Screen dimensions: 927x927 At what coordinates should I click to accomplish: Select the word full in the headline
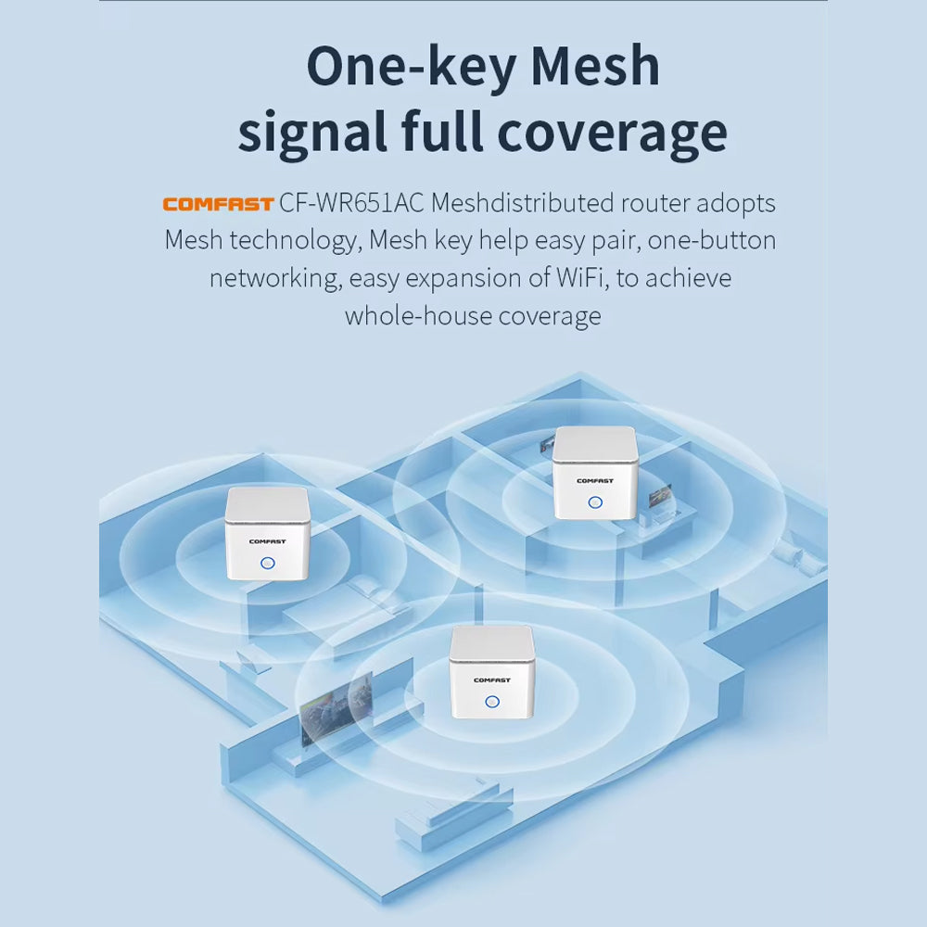pos(440,133)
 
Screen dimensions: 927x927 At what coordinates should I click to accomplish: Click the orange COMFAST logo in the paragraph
pos(218,204)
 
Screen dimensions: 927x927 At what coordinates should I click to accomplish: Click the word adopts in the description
pos(734,203)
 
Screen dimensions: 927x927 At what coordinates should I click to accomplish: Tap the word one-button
pos(712,241)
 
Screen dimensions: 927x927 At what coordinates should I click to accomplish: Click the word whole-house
pos(418,316)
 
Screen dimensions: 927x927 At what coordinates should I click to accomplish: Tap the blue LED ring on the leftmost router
pos(268,563)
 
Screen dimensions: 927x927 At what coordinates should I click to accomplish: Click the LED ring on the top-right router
pos(595,502)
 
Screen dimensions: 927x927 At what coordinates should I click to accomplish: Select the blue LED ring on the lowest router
pos(492,702)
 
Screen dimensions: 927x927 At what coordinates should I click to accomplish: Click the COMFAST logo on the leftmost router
pos(267,540)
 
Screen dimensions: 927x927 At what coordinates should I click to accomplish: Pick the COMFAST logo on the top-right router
pos(594,480)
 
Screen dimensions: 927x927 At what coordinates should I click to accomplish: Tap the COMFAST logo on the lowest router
pos(491,679)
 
